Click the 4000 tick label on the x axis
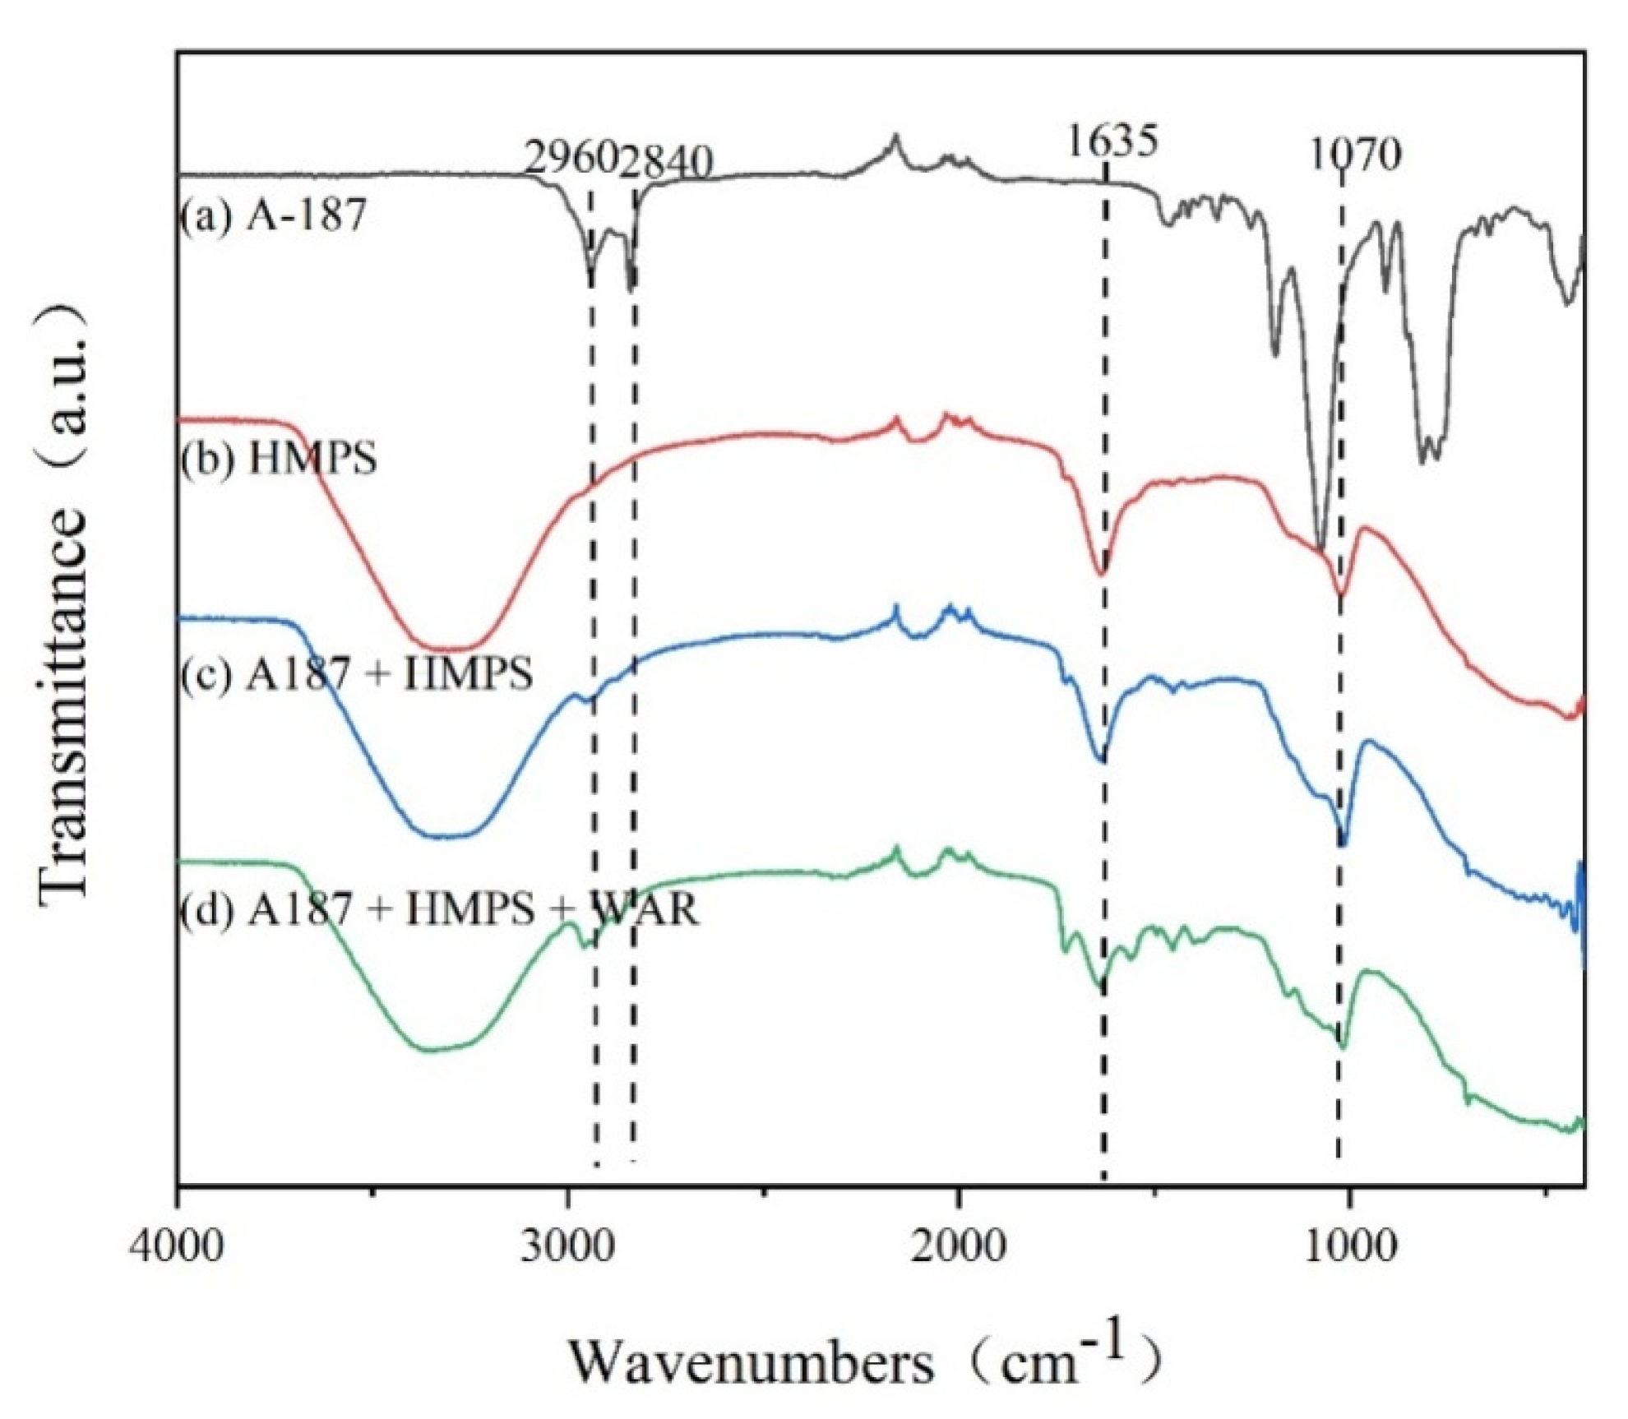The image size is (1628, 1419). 177,1246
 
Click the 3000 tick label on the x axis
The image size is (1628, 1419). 567,1246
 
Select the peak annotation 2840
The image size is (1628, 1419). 666,160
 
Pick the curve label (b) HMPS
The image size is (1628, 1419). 279,457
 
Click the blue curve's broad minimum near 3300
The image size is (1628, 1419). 444,836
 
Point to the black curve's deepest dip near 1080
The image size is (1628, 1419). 1319,546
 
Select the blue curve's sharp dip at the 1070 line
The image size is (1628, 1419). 1343,841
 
